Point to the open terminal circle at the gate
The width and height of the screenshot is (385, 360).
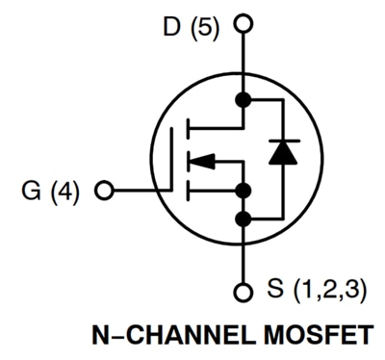(x=105, y=188)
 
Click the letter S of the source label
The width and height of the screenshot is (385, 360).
(x=277, y=287)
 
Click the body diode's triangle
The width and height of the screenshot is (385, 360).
(x=283, y=155)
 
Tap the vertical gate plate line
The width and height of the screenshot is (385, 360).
(x=175, y=159)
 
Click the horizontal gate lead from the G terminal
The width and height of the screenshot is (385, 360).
(x=140, y=188)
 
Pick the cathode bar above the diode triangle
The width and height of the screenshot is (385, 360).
(x=283, y=141)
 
